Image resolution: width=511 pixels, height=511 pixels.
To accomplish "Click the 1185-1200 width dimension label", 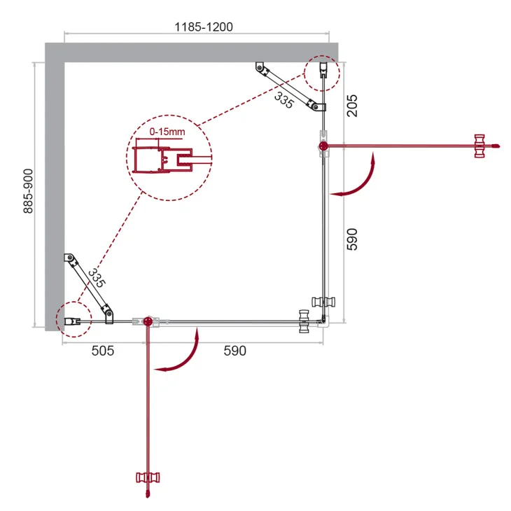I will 204,27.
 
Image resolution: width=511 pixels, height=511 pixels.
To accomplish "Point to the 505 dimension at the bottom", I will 102,351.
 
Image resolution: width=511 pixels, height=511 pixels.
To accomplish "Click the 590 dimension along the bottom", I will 234,351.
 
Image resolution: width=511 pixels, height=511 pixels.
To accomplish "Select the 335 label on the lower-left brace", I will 97,278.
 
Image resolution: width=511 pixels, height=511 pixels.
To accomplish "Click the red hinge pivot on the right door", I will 323,146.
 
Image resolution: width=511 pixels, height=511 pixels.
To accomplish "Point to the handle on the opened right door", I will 480,146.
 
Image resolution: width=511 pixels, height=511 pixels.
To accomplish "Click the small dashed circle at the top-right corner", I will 322,71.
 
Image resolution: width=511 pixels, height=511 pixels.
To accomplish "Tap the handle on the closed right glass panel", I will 325,302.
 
